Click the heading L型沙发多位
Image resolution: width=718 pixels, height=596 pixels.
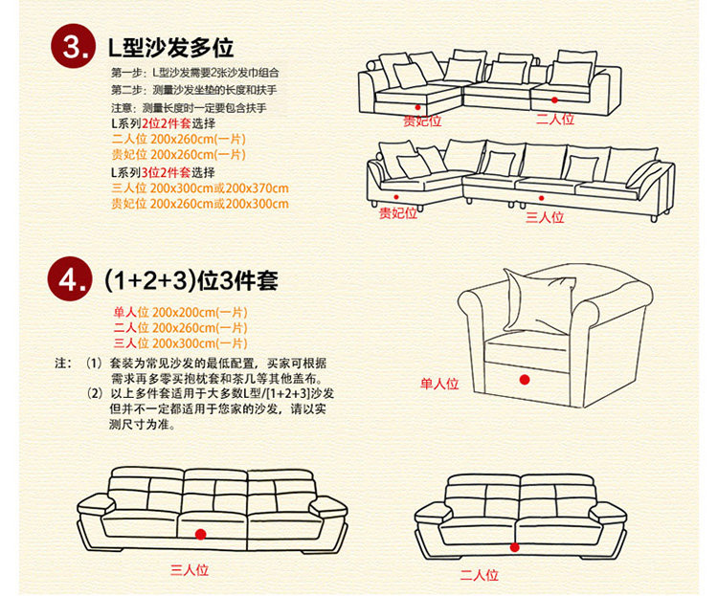coord(169,47)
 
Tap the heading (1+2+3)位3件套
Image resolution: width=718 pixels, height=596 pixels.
coord(191,280)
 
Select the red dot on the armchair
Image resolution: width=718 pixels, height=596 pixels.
coord(524,380)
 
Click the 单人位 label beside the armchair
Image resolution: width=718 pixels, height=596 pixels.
coord(439,384)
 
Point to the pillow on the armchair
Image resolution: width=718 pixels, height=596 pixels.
coord(540,299)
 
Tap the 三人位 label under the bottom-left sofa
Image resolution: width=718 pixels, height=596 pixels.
coord(190,571)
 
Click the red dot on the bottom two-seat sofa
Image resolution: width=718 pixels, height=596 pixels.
coord(516,547)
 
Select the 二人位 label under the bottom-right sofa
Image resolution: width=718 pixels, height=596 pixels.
coord(479,575)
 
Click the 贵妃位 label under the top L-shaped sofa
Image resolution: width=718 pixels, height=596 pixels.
coord(422,121)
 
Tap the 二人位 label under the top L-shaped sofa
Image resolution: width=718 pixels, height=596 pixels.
coord(554,119)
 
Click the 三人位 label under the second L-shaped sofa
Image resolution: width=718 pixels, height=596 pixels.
coord(545,217)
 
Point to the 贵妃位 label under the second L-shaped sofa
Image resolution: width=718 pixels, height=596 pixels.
coord(398,213)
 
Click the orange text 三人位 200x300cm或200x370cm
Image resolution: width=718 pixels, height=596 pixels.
coord(199,188)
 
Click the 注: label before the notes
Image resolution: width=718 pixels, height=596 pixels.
coord(63,364)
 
